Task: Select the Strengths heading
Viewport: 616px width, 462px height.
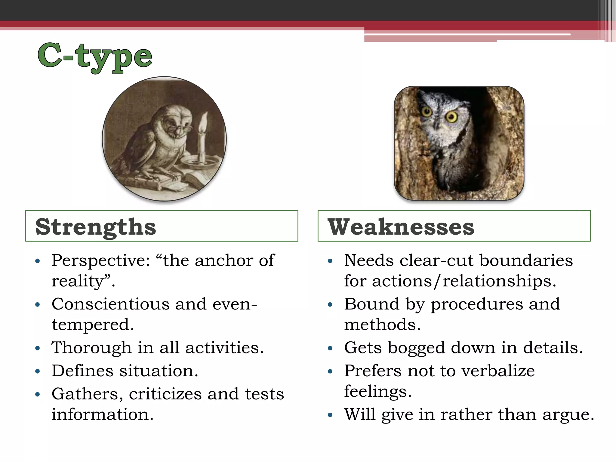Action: pos(96,227)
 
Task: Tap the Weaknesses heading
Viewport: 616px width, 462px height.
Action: pos(401,227)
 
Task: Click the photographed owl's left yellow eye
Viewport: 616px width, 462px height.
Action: pos(427,112)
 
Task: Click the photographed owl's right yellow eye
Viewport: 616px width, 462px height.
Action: pos(451,117)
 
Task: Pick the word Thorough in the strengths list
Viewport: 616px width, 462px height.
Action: pos(91,348)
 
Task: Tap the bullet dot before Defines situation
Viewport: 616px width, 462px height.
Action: pos(38,371)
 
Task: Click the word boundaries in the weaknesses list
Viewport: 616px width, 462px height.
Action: pos(526,260)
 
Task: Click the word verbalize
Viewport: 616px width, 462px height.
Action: pos(498,371)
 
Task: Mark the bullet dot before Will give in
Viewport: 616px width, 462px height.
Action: pos(330,415)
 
